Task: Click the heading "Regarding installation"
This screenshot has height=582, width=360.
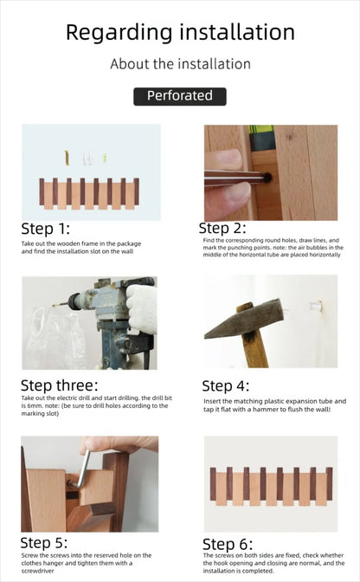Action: point(180,33)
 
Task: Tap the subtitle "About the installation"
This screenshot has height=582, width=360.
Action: point(180,64)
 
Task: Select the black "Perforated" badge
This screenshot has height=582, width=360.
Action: point(179,96)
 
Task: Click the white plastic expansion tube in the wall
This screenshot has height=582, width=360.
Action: point(318,305)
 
